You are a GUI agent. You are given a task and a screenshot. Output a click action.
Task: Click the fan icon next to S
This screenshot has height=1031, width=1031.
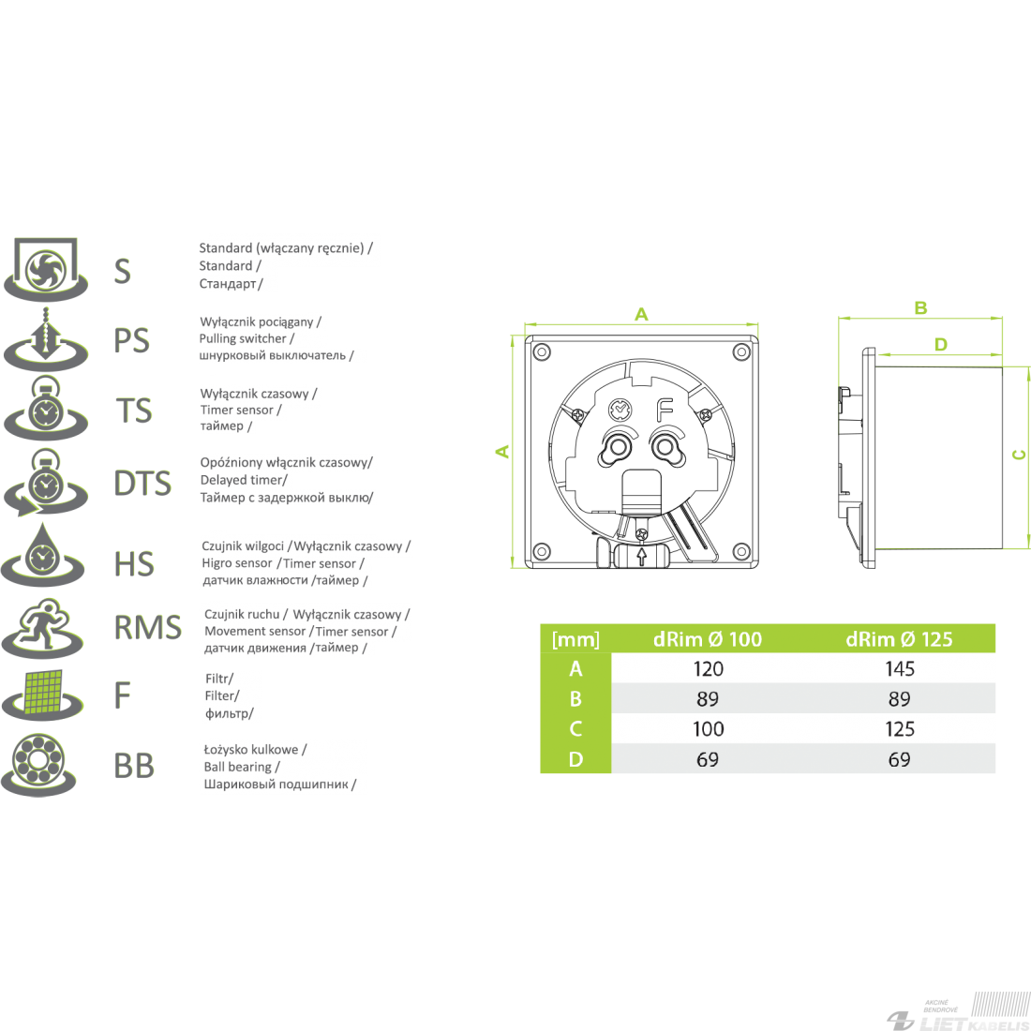[x=46, y=270]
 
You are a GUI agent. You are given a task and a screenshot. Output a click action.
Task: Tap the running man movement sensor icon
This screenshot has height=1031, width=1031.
[x=43, y=628]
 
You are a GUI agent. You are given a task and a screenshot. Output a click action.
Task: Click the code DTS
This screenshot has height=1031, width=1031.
[x=142, y=484]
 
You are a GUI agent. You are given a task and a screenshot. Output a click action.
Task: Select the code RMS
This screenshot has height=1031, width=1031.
[x=148, y=627]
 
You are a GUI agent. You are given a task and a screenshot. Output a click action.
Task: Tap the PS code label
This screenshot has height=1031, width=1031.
[x=132, y=340]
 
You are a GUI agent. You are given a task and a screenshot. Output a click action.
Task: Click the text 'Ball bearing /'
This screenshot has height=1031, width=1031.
[x=242, y=767]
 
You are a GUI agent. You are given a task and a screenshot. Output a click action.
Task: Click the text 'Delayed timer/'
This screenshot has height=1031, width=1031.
[x=244, y=480]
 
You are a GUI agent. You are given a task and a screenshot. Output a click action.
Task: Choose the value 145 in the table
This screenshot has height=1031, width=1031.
[x=900, y=668]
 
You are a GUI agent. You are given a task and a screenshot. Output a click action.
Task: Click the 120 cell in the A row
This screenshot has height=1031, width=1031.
[x=709, y=668]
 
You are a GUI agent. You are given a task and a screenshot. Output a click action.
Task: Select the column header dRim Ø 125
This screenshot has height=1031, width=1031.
[x=899, y=638]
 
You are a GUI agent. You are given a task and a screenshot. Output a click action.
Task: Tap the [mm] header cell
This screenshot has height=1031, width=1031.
[x=576, y=639]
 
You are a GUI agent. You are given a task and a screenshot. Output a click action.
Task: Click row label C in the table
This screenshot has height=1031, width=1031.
[x=576, y=728]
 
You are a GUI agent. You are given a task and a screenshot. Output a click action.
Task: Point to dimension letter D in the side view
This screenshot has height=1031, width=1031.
[x=941, y=344]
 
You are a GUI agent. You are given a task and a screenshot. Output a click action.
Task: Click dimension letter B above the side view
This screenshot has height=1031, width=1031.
[x=920, y=307]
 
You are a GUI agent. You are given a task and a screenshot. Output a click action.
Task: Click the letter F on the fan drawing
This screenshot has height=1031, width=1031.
[x=665, y=411]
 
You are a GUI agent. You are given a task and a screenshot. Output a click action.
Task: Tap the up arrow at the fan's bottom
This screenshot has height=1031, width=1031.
[x=642, y=556]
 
